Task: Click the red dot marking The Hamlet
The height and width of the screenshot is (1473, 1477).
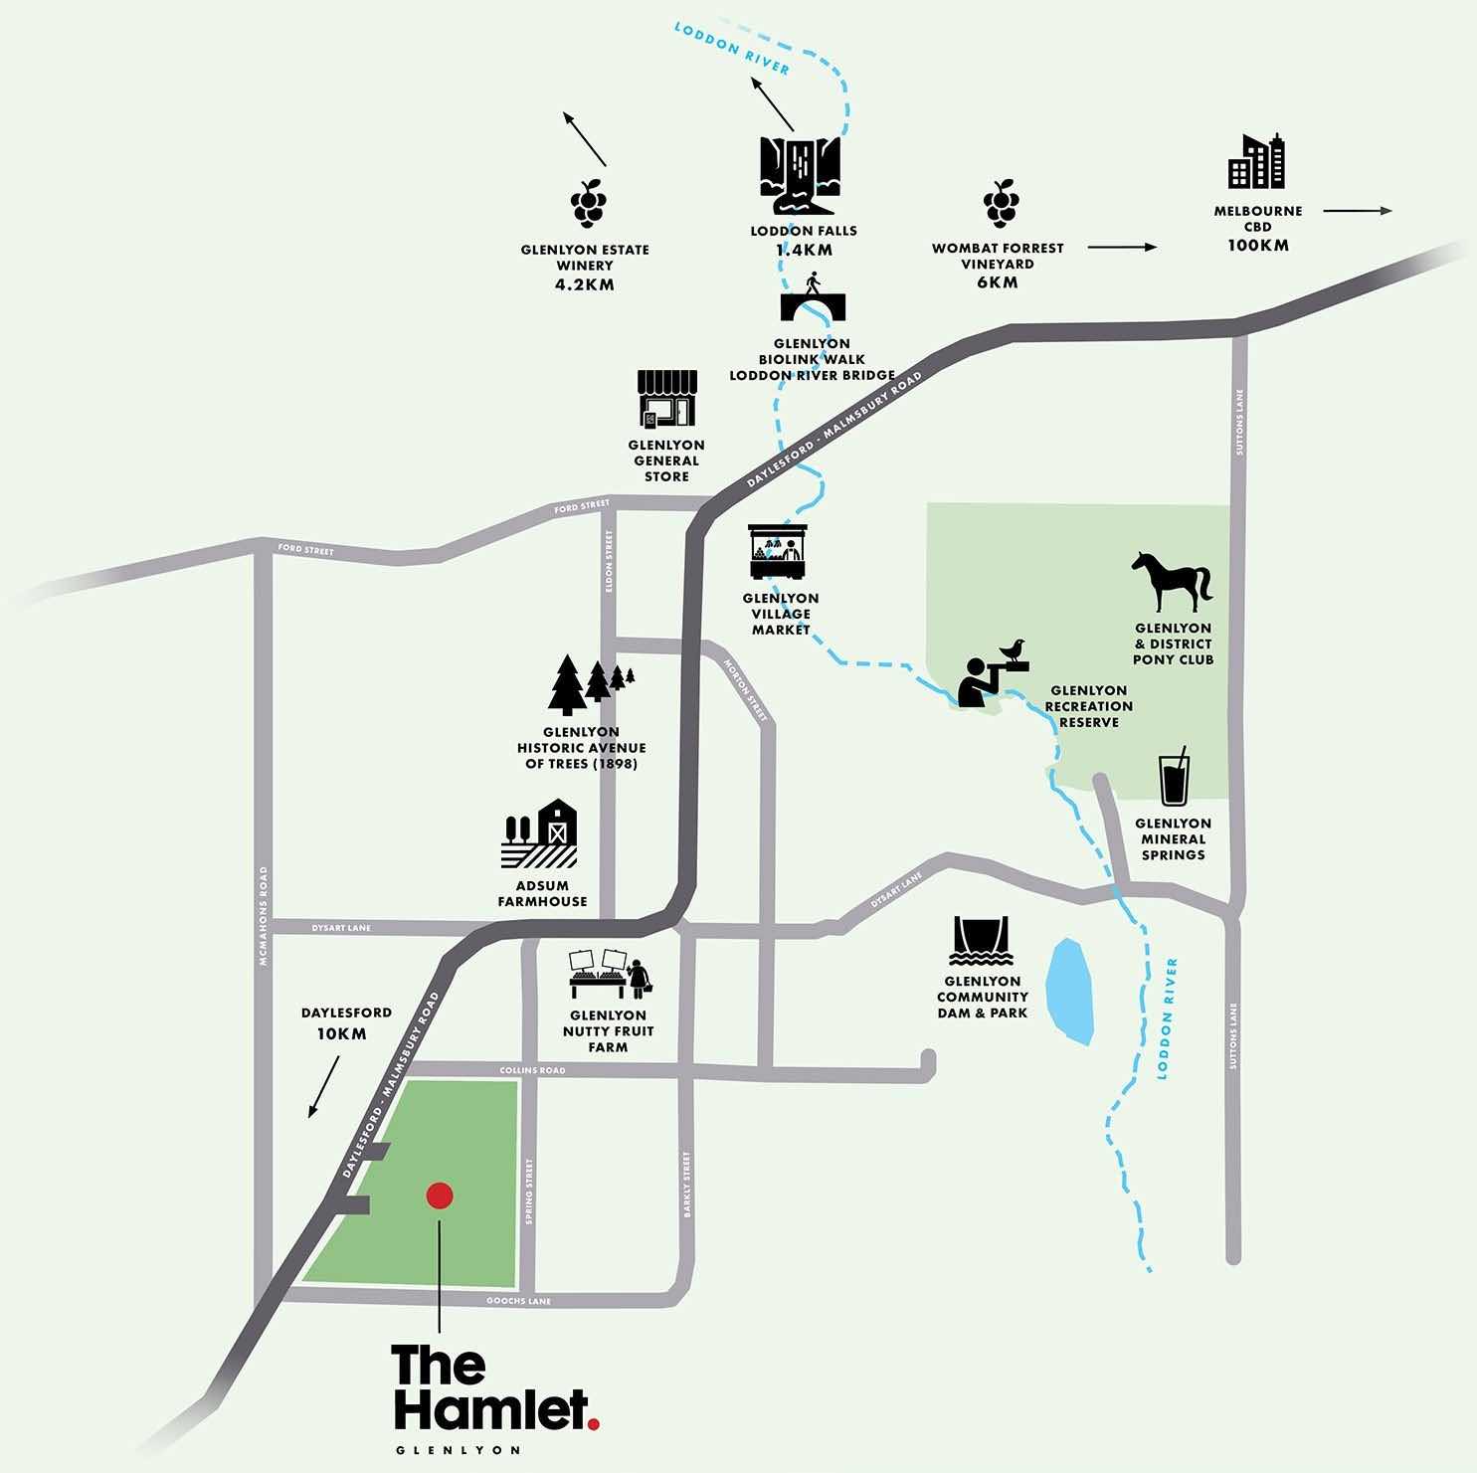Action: click(440, 1196)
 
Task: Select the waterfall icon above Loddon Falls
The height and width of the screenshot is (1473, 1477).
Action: click(800, 175)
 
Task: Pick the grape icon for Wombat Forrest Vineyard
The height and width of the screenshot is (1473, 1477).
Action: click(1001, 204)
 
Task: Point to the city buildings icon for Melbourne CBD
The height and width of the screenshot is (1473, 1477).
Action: click(1256, 162)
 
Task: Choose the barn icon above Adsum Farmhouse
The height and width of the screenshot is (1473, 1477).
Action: click(539, 836)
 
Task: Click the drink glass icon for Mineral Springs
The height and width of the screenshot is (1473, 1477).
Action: click(1174, 778)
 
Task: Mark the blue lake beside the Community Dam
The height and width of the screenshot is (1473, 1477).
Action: click(1071, 992)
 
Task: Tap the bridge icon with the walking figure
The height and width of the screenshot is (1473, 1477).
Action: click(812, 298)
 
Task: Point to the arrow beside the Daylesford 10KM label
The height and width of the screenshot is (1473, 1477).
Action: click(324, 1086)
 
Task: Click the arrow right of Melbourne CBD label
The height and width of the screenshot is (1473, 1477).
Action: click(1357, 211)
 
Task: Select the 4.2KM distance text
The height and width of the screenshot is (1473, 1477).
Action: click(585, 284)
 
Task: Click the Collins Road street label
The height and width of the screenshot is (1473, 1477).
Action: click(536, 1070)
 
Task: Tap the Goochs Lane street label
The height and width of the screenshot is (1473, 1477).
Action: click(517, 1301)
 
